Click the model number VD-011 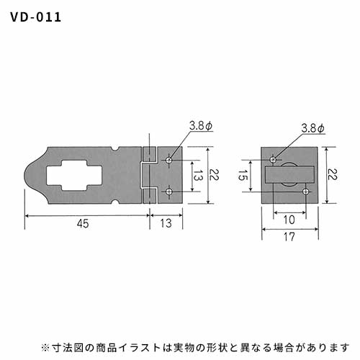(35, 17)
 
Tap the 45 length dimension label (83, 223)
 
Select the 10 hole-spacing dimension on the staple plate (289, 220)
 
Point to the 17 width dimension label (289, 237)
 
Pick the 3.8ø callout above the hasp (201, 126)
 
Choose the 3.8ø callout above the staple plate (312, 128)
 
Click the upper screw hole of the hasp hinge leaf (169, 160)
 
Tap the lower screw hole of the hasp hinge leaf (169, 192)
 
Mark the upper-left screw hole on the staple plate (273, 159)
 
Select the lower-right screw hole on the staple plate (305, 192)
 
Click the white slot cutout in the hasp (74, 176)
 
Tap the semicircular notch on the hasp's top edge (116, 149)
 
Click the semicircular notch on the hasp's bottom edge (116, 202)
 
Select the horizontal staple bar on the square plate (289, 174)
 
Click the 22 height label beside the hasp (214, 174)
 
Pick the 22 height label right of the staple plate (333, 174)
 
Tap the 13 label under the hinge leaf (166, 223)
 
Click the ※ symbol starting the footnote (45, 347)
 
